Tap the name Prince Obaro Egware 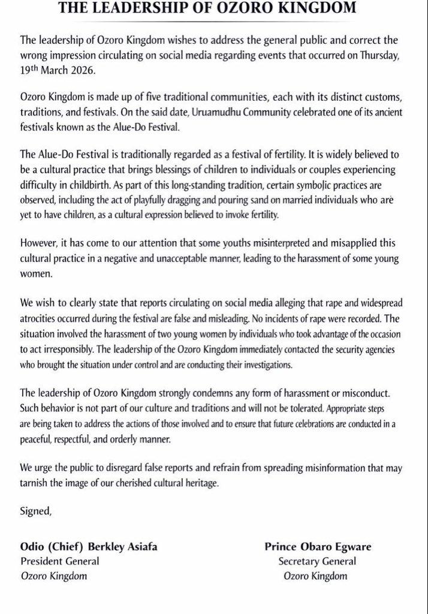[317, 546]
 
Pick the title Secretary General [317, 561]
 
